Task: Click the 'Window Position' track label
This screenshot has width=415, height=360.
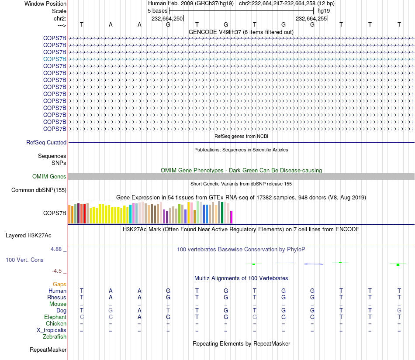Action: point(45,3)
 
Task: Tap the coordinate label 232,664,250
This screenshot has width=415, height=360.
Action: point(167,18)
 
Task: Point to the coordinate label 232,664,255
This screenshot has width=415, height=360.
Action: point(311,18)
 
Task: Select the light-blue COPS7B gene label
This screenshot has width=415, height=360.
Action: point(55,59)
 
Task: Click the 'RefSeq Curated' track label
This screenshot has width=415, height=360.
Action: point(46,142)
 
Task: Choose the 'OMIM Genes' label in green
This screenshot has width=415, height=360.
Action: point(49,176)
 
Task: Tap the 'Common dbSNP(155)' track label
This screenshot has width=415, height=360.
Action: point(39,190)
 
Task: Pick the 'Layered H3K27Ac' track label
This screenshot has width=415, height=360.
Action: point(28,236)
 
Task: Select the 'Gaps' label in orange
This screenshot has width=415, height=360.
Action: point(59,285)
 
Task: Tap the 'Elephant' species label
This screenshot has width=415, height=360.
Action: point(55,317)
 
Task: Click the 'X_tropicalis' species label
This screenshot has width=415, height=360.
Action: point(52,330)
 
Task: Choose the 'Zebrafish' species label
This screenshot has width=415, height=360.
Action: point(55,337)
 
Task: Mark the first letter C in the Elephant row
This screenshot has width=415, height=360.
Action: point(82,317)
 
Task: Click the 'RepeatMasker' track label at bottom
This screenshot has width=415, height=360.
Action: point(48,350)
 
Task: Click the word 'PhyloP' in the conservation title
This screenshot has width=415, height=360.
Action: point(296,250)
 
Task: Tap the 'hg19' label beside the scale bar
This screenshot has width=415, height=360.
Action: point(324,11)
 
